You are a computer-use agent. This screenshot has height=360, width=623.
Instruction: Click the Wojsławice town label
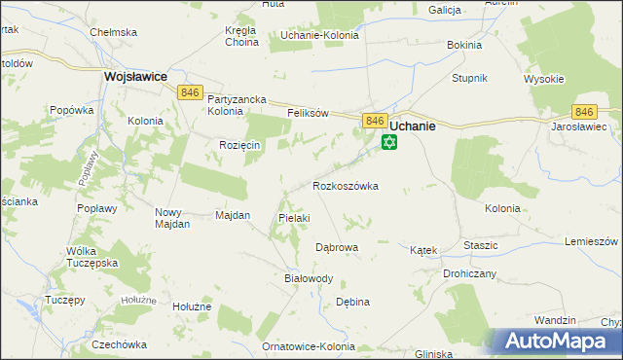[x=135, y=74]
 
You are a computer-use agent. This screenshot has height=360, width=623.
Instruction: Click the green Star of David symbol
[x=388, y=143]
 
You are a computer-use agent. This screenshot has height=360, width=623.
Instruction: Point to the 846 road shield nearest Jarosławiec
[x=584, y=112]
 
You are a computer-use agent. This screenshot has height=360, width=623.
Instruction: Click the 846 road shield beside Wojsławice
[x=190, y=91]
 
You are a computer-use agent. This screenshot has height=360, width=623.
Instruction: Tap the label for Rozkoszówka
[x=345, y=185]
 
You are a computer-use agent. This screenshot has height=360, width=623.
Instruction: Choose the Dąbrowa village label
[x=337, y=247]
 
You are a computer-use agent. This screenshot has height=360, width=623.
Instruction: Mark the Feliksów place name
[x=310, y=113]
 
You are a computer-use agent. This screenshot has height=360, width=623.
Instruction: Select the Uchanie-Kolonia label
[x=319, y=35]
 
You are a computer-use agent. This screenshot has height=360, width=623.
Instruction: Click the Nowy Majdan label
[x=172, y=217]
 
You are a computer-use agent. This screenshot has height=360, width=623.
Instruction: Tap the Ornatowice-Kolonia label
[x=311, y=346]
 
